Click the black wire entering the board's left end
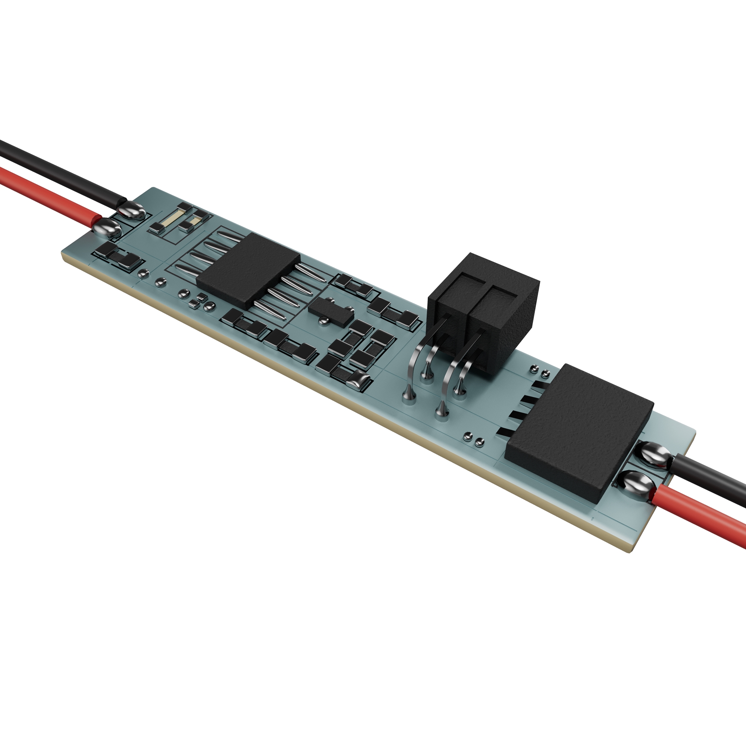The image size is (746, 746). (58, 170)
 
